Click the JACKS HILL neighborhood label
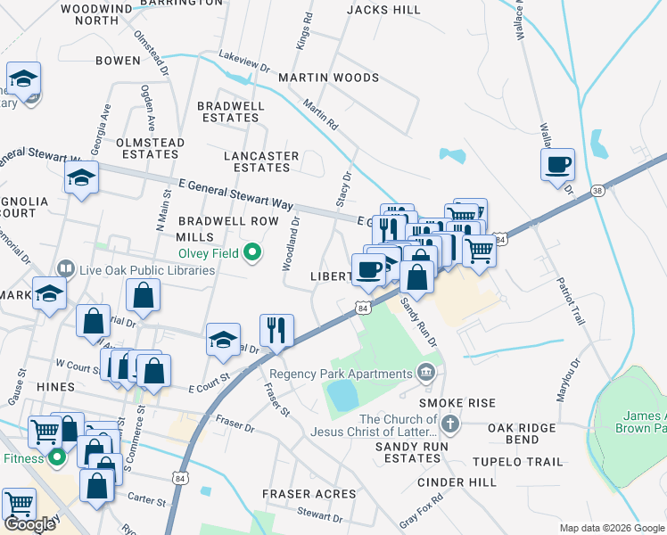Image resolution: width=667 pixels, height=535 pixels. pyautogui.click(x=383, y=10)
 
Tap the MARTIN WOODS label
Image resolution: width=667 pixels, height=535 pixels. pyautogui.click(x=328, y=78)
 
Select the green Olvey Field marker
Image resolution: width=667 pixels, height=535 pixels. pyautogui.click(x=252, y=254)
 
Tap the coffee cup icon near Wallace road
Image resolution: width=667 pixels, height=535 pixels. pyautogui.click(x=557, y=165)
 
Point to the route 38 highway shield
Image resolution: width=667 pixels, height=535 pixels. pyautogui.click(x=597, y=190)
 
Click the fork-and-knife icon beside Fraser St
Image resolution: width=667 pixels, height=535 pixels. pyautogui.click(x=276, y=331)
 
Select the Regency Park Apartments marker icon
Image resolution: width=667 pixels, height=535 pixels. pyautogui.click(x=426, y=371)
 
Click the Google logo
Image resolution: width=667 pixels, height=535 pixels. pyautogui.click(x=30, y=524)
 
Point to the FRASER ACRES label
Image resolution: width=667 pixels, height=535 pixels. pyautogui.click(x=299, y=493)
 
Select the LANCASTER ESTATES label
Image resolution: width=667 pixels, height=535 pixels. pyautogui.click(x=260, y=161)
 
